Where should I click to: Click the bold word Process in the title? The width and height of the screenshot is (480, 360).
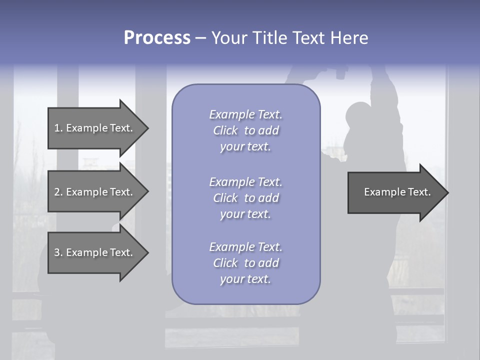tap(157, 38)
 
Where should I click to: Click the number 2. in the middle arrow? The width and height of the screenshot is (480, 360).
tap(58, 192)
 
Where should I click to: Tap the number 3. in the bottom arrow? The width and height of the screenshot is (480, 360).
tap(58, 252)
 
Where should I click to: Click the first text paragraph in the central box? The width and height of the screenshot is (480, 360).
tap(245, 130)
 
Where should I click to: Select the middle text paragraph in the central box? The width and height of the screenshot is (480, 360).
tap(245, 198)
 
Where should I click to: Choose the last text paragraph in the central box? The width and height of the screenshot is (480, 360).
tap(245, 263)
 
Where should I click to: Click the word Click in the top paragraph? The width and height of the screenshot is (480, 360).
tap(225, 130)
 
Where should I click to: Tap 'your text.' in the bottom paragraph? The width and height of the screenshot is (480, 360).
tap(245, 279)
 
